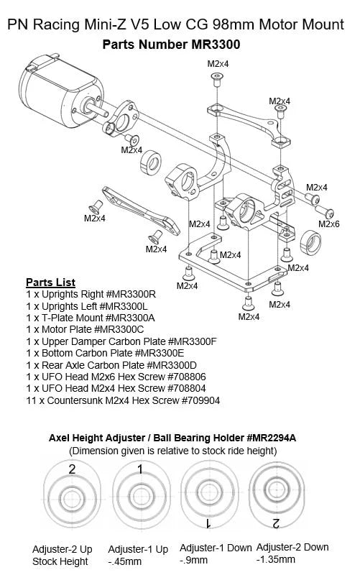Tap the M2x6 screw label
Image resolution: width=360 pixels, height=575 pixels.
point(329,224)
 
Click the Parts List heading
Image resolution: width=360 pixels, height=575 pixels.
point(50,282)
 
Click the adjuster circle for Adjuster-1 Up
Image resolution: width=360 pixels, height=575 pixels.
point(138,496)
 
